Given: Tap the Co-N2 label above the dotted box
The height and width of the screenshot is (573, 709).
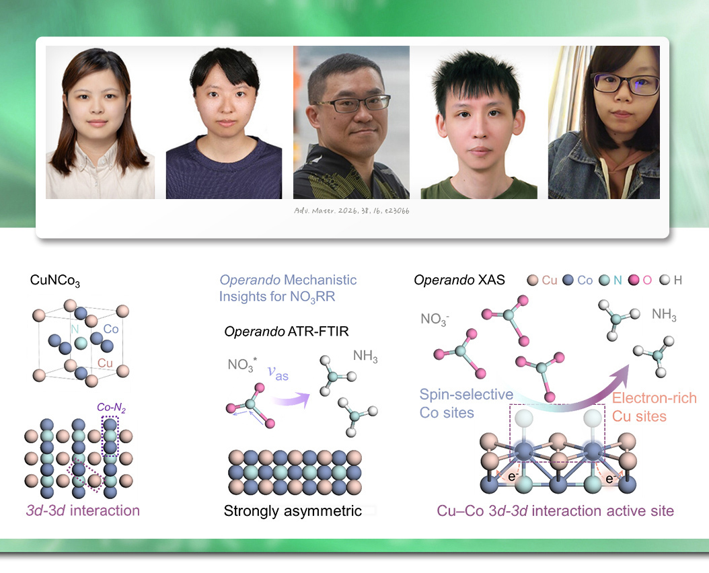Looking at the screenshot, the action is pyautogui.click(x=111, y=408).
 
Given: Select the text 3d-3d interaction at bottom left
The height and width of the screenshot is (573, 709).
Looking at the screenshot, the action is pyautogui.click(x=83, y=510).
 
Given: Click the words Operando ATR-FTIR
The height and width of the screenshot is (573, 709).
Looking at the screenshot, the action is pyautogui.click(x=287, y=332).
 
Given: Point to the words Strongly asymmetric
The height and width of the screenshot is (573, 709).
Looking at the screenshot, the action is pyautogui.click(x=293, y=510).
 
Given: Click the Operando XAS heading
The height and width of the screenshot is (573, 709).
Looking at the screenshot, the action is pyautogui.click(x=459, y=280).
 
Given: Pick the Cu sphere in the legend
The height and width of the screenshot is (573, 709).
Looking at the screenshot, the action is pyautogui.click(x=533, y=280).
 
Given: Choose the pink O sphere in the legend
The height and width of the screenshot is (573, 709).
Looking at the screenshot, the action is pyautogui.click(x=634, y=280).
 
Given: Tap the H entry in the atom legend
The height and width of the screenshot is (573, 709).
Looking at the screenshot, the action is pyautogui.click(x=671, y=280).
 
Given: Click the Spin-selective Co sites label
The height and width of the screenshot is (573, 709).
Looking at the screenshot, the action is pyautogui.click(x=466, y=404).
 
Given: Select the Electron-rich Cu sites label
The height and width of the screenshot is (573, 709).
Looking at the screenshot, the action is pyautogui.click(x=655, y=407).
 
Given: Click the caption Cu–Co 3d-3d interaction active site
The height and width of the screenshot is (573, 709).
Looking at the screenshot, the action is pyautogui.click(x=555, y=510).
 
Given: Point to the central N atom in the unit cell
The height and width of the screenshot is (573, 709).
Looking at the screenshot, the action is pyautogui.click(x=81, y=343).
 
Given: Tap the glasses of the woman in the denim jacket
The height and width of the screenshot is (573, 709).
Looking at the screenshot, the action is pyautogui.click(x=626, y=85).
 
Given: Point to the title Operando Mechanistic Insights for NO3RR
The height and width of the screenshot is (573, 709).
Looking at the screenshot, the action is pyautogui.click(x=288, y=289).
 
